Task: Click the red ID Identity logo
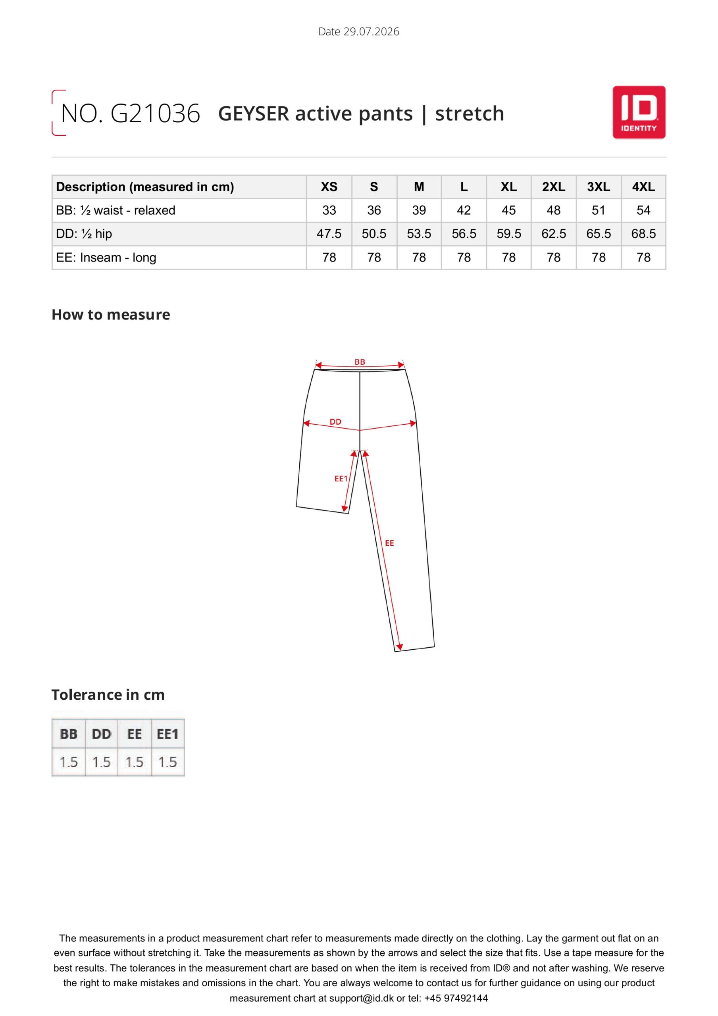click(x=639, y=112)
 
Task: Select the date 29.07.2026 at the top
click(x=372, y=31)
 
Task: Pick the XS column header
click(x=329, y=187)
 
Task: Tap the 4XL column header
click(x=643, y=187)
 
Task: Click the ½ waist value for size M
click(x=419, y=210)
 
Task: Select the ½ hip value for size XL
click(x=508, y=234)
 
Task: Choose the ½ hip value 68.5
click(x=643, y=234)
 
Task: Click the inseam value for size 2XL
click(x=553, y=257)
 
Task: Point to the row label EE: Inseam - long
click(x=106, y=258)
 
